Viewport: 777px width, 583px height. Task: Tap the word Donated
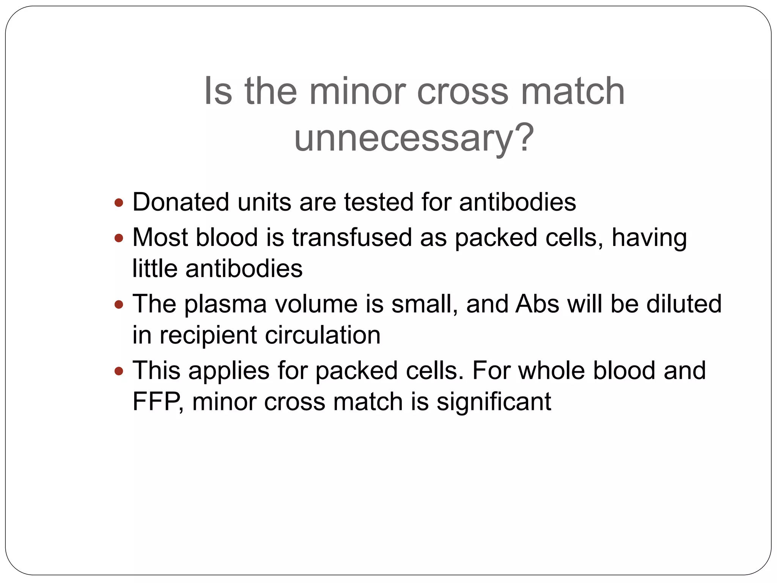(181, 202)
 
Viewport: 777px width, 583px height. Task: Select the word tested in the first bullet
(379, 202)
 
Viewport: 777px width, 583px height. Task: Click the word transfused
(352, 238)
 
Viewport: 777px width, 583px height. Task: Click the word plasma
(225, 304)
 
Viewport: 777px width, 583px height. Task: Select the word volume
(316, 304)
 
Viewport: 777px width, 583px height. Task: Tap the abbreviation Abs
(537, 304)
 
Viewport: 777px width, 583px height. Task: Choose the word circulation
(322, 335)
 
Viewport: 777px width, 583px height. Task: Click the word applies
(229, 371)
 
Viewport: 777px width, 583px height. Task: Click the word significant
(494, 402)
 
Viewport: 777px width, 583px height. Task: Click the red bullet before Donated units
(119, 203)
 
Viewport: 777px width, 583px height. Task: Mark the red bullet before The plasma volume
(119, 304)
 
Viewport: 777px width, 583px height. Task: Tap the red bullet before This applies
(119, 371)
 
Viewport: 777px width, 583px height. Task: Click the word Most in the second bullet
(160, 238)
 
